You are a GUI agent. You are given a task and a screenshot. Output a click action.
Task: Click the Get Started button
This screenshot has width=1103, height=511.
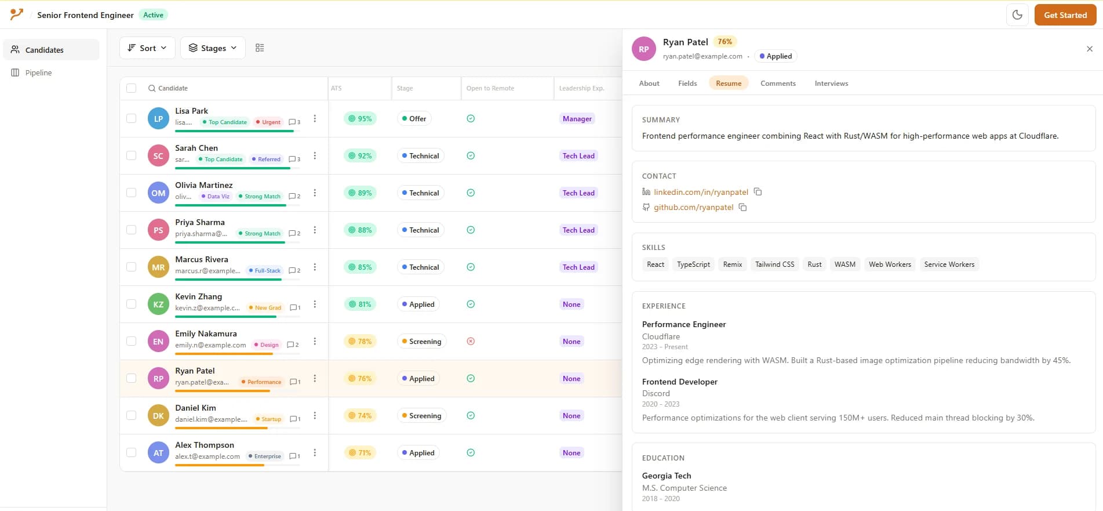coord(1065,15)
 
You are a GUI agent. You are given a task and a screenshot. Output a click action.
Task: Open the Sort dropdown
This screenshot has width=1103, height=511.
coord(147,48)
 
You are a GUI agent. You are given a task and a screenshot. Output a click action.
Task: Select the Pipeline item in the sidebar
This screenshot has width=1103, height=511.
coord(38,73)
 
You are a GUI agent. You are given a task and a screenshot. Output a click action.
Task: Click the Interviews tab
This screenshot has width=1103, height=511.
coord(831,84)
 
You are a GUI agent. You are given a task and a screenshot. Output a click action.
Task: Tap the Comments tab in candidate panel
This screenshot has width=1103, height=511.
coord(777,84)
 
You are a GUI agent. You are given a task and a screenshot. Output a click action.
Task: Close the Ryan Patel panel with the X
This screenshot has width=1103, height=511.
coord(1089,49)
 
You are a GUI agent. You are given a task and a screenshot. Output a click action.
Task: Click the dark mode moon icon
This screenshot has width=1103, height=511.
coord(1017,15)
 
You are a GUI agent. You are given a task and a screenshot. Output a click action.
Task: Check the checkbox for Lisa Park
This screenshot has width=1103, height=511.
coord(132,118)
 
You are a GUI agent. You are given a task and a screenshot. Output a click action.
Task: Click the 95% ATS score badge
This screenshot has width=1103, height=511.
coord(360,119)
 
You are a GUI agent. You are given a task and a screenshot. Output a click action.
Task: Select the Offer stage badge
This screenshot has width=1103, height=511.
coord(414,119)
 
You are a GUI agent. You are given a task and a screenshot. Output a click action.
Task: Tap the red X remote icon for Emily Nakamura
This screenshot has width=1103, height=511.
coord(471,341)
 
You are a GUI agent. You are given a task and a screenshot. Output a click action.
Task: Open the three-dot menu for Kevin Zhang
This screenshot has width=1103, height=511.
coord(315,304)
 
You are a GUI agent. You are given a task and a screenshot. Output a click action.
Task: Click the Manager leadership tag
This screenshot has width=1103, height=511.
coord(577,119)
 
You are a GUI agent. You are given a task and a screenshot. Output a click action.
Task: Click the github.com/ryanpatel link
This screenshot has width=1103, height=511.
coord(693,207)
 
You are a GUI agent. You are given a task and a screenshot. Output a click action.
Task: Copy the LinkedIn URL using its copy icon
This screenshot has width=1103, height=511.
coord(758,192)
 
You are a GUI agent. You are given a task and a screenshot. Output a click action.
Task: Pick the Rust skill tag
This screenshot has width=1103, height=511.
coord(814,264)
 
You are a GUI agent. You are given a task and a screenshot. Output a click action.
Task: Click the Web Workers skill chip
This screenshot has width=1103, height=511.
coord(889,264)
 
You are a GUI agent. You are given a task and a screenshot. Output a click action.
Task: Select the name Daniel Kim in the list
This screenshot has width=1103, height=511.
coord(195,408)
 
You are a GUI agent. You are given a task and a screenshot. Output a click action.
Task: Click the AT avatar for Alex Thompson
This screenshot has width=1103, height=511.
coord(158,452)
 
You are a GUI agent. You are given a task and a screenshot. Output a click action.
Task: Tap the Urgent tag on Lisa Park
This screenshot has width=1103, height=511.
coord(268,122)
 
